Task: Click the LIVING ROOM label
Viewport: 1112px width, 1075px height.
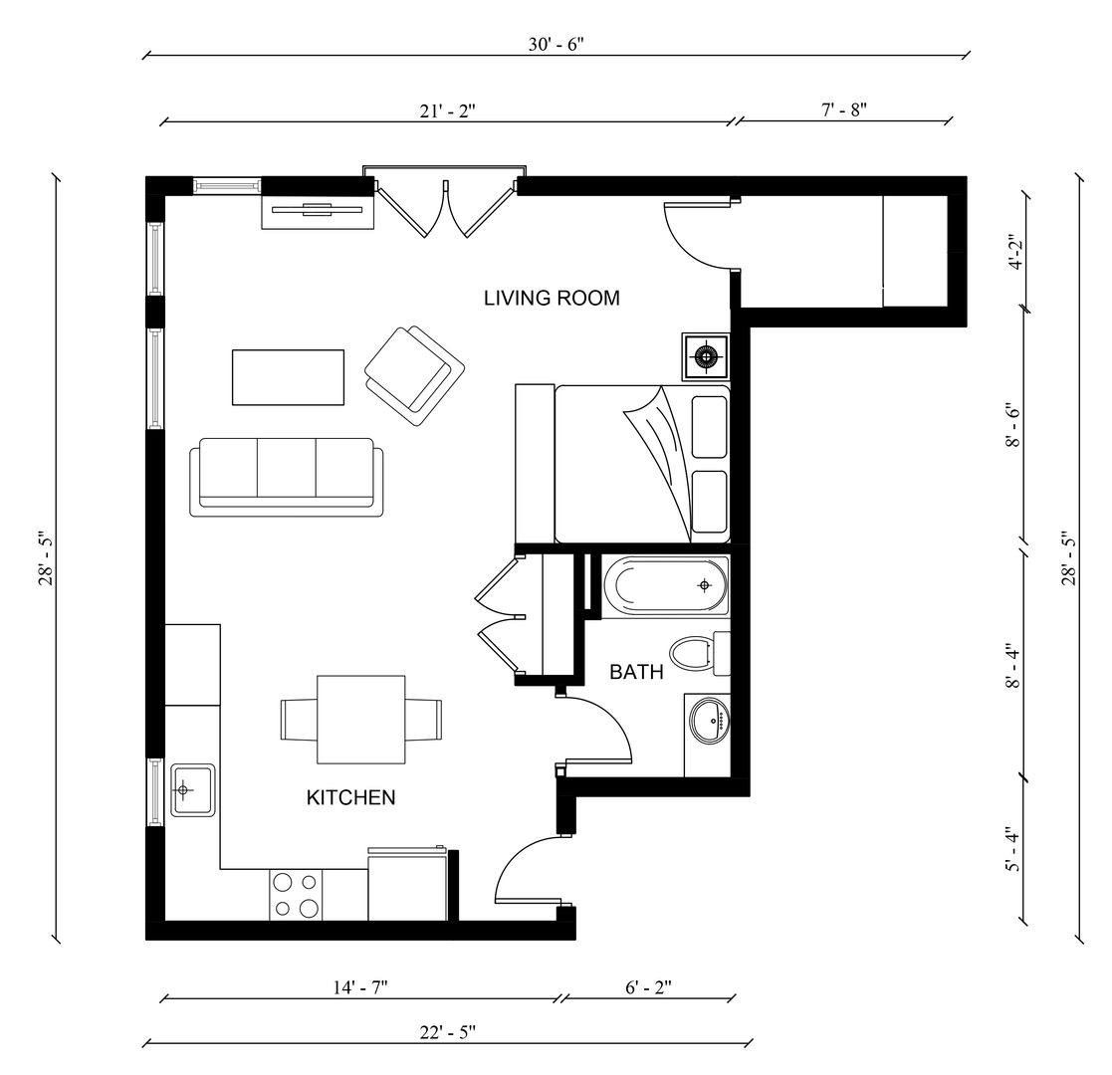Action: (x=552, y=298)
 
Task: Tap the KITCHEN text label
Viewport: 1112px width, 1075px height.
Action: (x=350, y=797)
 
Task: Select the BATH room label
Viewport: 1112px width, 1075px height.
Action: (x=636, y=672)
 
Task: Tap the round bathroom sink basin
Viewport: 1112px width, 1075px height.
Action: (x=710, y=720)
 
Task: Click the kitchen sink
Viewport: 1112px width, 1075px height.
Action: (x=192, y=790)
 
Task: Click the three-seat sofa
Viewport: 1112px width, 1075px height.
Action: (x=287, y=475)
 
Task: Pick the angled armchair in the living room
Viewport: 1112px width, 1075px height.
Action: (x=415, y=369)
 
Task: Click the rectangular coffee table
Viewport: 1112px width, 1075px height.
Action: (x=288, y=377)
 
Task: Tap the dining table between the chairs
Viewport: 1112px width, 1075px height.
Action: (x=360, y=720)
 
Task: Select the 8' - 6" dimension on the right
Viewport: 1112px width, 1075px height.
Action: (x=1013, y=426)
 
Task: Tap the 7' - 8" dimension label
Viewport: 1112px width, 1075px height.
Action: (x=844, y=108)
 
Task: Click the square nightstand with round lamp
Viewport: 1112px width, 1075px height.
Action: (x=706, y=356)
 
